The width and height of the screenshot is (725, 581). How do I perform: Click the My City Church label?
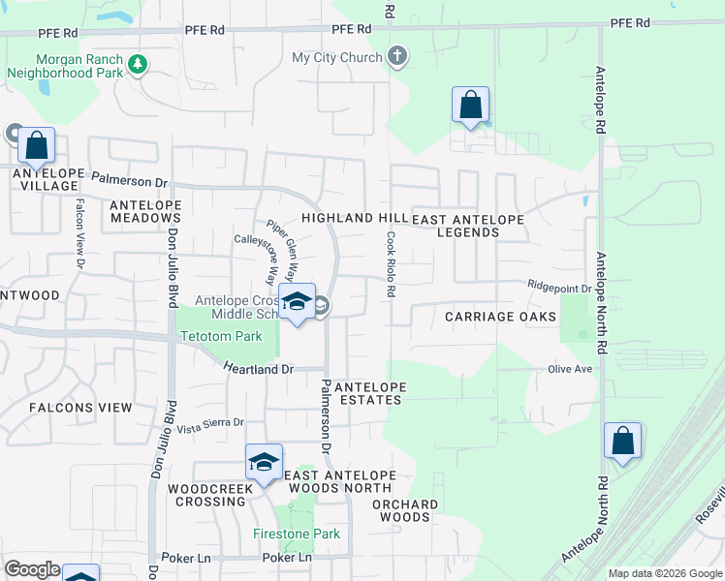(337, 58)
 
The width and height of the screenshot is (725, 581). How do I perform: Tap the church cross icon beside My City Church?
(397, 57)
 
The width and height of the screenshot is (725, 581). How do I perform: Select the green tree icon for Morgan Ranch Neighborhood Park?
(139, 65)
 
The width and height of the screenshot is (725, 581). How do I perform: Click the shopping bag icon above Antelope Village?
(37, 146)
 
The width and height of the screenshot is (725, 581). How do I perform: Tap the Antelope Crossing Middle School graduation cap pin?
(297, 302)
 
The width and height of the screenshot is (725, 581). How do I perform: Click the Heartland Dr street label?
(258, 369)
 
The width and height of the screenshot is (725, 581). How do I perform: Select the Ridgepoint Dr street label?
(559, 288)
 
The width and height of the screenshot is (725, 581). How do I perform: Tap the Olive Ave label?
(570, 369)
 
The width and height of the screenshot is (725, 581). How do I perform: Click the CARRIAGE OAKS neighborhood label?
(500, 317)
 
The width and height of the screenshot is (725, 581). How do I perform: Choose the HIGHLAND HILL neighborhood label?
(353, 219)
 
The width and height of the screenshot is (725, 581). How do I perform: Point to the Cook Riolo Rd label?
(392, 264)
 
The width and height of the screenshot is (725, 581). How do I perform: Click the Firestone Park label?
(297, 534)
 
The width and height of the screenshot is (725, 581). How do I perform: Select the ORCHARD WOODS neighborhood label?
(405, 510)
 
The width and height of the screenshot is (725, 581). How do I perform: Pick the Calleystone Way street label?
(264, 239)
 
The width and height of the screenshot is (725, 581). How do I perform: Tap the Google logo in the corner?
(32, 569)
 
